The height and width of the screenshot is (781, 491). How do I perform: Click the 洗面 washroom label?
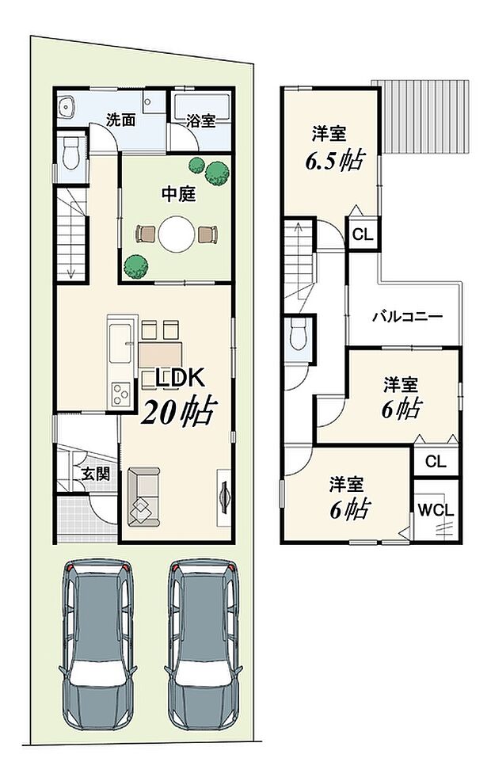point(120,121)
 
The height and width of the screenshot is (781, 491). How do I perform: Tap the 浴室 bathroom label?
point(201,121)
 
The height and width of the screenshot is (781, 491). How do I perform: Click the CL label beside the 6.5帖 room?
point(362,234)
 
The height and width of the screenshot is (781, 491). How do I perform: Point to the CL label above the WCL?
point(435,461)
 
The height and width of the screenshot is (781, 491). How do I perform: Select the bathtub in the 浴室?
point(201,104)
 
